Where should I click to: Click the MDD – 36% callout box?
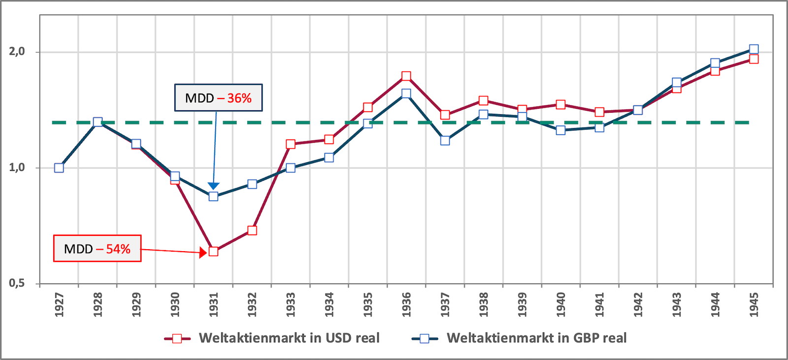point(218,98)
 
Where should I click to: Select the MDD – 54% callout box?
point(97,249)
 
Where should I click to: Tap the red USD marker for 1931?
point(213,251)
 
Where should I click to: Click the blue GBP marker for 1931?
point(213,196)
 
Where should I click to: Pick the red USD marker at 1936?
point(406,76)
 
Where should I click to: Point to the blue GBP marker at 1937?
point(445,140)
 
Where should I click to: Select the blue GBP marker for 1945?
point(754,49)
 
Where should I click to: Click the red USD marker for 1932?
point(252,230)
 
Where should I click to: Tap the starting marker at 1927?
point(59,168)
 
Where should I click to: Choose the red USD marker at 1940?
point(560,104)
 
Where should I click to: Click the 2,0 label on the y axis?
point(17,52)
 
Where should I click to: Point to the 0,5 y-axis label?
point(17,283)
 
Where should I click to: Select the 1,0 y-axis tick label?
point(17,167)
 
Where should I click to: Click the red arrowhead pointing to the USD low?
point(202,253)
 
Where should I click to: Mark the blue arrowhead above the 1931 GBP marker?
point(213,186)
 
